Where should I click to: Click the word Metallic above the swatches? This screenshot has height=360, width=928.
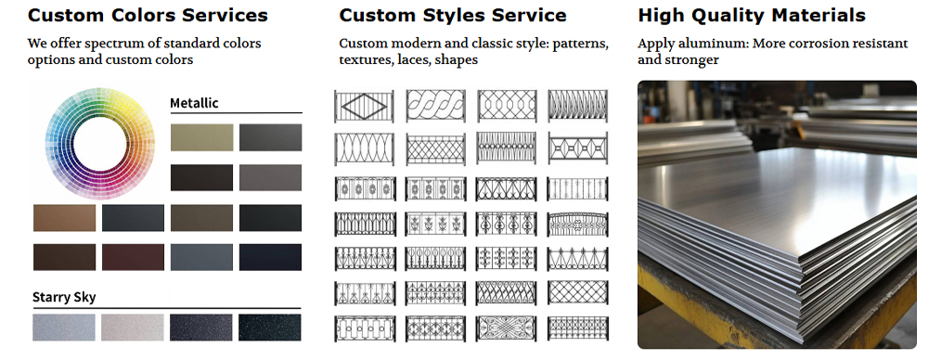pos(194,103)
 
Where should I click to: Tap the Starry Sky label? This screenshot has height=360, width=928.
pos(64,297)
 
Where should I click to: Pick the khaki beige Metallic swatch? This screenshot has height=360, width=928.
pos(201,137)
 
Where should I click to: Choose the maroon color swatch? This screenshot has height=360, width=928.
pos(133,257)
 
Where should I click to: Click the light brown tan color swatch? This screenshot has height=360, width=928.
pos(64,217)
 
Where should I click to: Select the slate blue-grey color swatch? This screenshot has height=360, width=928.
pos(201,257)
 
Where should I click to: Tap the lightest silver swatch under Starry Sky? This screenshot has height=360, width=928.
pos(133,327)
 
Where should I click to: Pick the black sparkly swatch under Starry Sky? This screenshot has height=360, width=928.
pos(270,327)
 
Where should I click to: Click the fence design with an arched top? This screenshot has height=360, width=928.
pos(577,224)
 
